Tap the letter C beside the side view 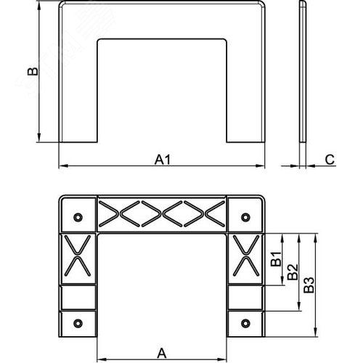[329, 158]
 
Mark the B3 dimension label [309, 285]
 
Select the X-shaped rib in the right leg [246, 258]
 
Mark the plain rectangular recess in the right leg [246, 296]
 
